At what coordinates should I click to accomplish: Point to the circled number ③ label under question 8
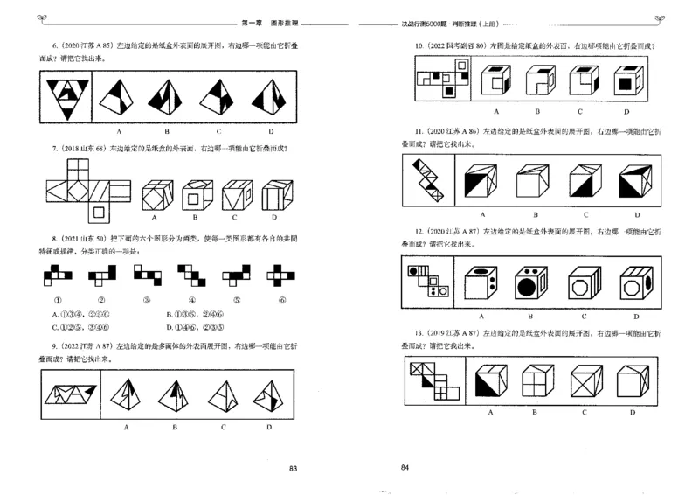(x=140, y=300)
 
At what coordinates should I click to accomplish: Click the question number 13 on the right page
(x=419, y=334)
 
